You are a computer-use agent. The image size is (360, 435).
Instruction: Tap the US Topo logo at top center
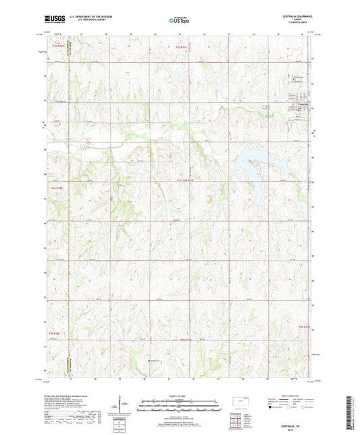(178, 20)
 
